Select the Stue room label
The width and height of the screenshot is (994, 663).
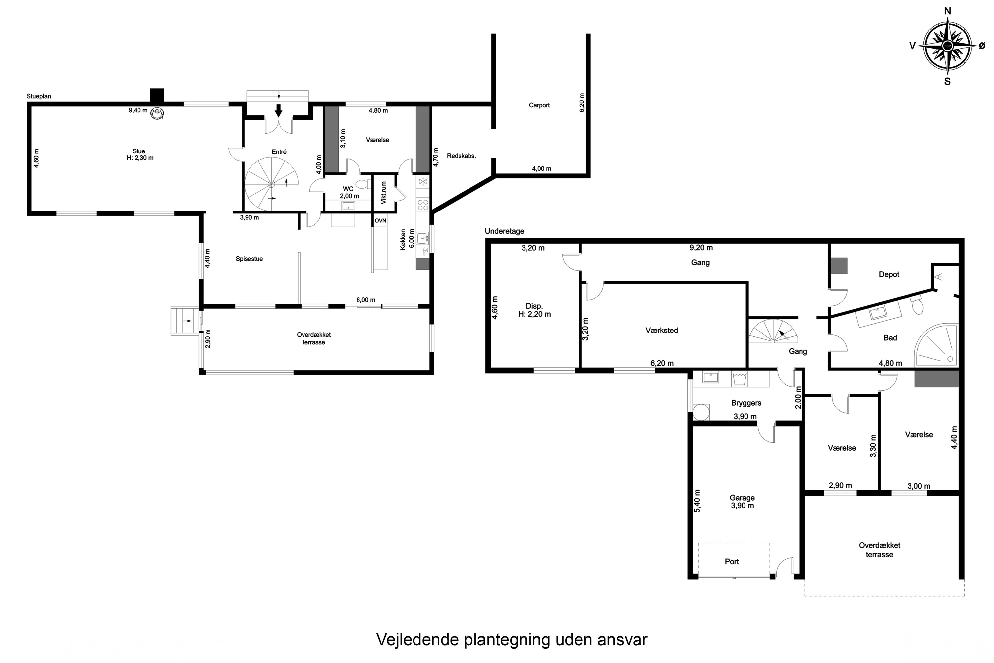[x=138, y=151]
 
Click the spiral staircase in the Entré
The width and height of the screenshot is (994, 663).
[x=271, y=184]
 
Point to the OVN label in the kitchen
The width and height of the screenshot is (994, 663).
[x=380, y=221]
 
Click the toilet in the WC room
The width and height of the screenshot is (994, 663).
[x=362, y=184]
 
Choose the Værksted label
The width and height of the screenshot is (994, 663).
[x=661, y=330]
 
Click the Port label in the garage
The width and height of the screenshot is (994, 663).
[x=732, y=561]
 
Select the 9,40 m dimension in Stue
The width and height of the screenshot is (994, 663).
[x=138, y=110]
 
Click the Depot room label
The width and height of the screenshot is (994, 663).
[x=889, y=274]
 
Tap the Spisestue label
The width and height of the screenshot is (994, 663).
[x=249, y=259]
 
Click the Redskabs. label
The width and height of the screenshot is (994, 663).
[x=461, y=156]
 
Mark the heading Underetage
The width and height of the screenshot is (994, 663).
[x=504, y=231]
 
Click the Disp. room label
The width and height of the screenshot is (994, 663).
[x=534, y=306]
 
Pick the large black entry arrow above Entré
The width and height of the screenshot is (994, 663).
[x=278, y=110]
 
